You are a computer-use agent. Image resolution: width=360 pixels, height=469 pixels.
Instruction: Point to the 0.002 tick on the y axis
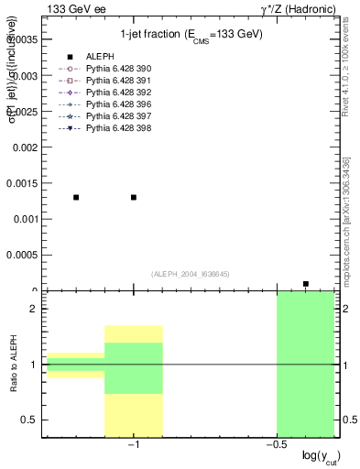pyautogui.click(x=25, y=147)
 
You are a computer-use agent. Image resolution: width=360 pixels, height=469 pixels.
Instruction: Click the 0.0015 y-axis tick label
pyautogui.click(x=22, y=183)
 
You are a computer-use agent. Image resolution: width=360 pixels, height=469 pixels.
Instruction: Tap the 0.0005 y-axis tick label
pyautogui.click(x=22, y=256)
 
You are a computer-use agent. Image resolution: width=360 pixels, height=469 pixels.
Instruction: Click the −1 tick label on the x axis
pyautogui.click(x=133, y=446)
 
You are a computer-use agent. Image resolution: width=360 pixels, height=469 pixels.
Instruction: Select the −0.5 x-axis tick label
pyautogui.click(x=275, y=446)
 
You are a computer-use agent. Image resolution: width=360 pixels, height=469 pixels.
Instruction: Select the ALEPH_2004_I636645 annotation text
pyautogui.click(x=190, y=274)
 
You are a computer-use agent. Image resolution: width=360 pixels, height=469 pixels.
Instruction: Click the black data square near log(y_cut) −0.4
pyautogui.click(x=306, y=284)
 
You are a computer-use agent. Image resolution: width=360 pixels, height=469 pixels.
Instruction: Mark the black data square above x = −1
pyautogui.click(x=134, y=197)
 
